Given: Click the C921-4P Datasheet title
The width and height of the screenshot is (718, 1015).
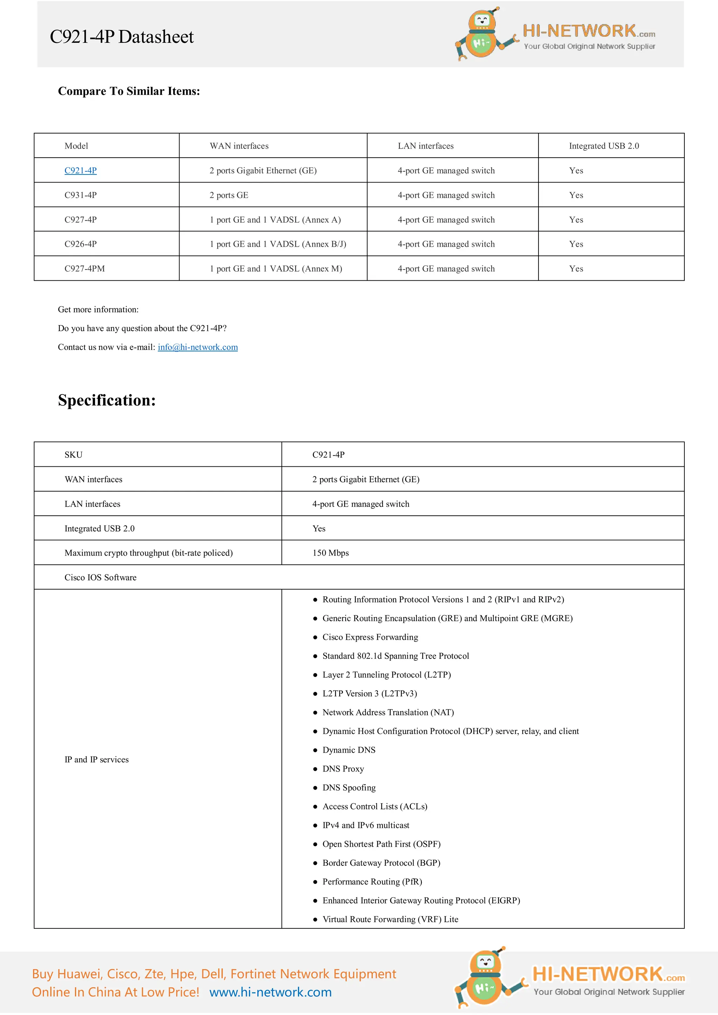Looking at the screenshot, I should tap(122, 37).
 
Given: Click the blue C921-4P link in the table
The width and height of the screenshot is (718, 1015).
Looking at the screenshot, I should tap(81, 171).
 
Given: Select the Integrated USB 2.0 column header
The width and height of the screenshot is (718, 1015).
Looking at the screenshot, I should tap(603, 146).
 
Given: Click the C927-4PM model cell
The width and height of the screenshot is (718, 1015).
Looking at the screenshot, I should tap(84, 269).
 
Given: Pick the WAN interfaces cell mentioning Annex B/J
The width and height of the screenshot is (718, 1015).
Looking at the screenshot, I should tap(278, 244).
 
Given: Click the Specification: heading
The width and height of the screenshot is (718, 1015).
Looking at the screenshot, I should tap(107, 400).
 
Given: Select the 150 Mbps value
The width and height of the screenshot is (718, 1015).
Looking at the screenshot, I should tap(331, 553).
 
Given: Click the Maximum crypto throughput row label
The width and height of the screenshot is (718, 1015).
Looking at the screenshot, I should tap(148, 553).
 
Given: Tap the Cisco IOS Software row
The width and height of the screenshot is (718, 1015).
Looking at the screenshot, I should tap(100, 577).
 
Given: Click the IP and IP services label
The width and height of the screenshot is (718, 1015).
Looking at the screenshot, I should tap(96, 760).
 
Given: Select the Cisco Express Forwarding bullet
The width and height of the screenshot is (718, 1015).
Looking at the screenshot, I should tap(370, 637).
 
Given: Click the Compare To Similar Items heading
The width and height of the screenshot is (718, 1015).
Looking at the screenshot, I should tap(129, 91).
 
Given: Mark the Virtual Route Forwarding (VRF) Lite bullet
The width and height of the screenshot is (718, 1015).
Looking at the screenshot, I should tap(390, 919).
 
